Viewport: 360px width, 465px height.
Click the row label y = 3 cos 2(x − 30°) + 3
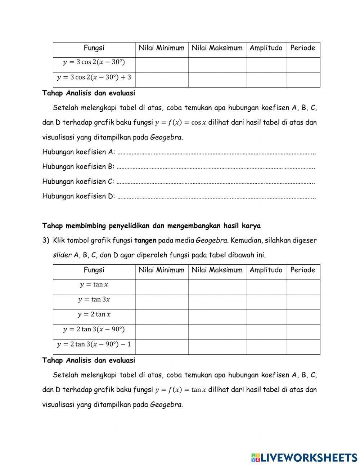pyautogui.click(x=94, y=77)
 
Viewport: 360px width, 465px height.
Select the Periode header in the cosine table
pyautogui.click(x=302, y=48)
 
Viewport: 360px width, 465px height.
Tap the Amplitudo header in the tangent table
pyautogui.click(x=266, y=270)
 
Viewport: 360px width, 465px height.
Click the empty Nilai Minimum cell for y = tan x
pyautogui.click(x=161, y=287)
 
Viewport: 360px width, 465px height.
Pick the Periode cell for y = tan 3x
pyautogui.click(x=302, y=302)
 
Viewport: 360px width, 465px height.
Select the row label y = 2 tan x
pyautogui.click(x=94, y=314)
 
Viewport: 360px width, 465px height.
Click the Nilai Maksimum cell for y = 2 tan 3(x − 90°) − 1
pyautogui.click(x=217, y=347)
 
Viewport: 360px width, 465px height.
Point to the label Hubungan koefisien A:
pyautogui.click(x=78, y=152)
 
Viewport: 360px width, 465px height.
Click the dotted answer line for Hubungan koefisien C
pyautogui.click(x=216, y=182)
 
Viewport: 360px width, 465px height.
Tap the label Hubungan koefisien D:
pyautogui.click(x=78, y=196)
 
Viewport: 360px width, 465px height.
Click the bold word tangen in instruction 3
pyautogui.click(x=145, y=240)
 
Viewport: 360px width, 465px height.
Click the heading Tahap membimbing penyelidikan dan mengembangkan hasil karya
pyautogui.click(x=151, y=226)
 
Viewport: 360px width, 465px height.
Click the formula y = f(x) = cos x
pyautogui.click(x=180, y=122)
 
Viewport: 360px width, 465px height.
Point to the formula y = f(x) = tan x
pyautogui.click(x=180, y=390)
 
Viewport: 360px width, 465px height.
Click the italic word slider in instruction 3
pyautogui.click(x=62, y=255)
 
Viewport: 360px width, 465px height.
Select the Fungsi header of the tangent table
pyautogui.click(x=94, y=270)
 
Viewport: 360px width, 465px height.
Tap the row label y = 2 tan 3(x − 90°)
pyautogui.click(x=94, y=329)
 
